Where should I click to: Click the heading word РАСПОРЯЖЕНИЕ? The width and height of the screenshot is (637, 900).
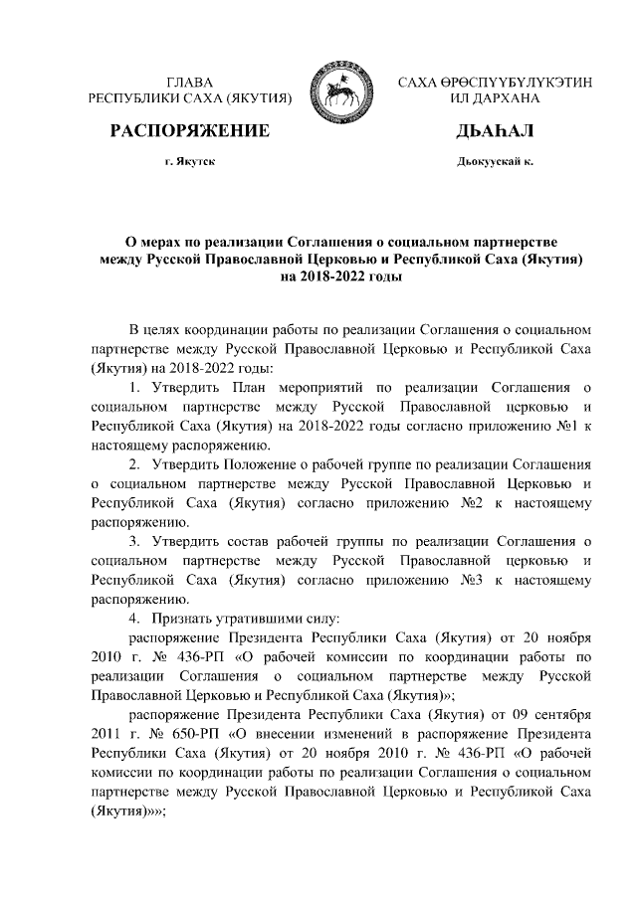click(190, 131)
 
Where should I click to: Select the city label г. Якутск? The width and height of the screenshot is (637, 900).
click(190, 160)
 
